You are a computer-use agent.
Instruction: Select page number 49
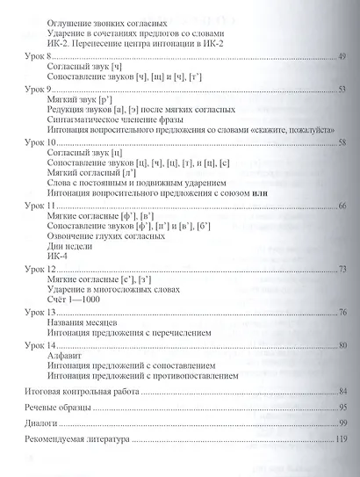pyautogui.click(x=343, y=55)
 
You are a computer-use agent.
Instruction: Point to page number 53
pyautogui.click(x=343, y=89)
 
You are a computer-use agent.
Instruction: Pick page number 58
pyautogui.click(x=343, y=141)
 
